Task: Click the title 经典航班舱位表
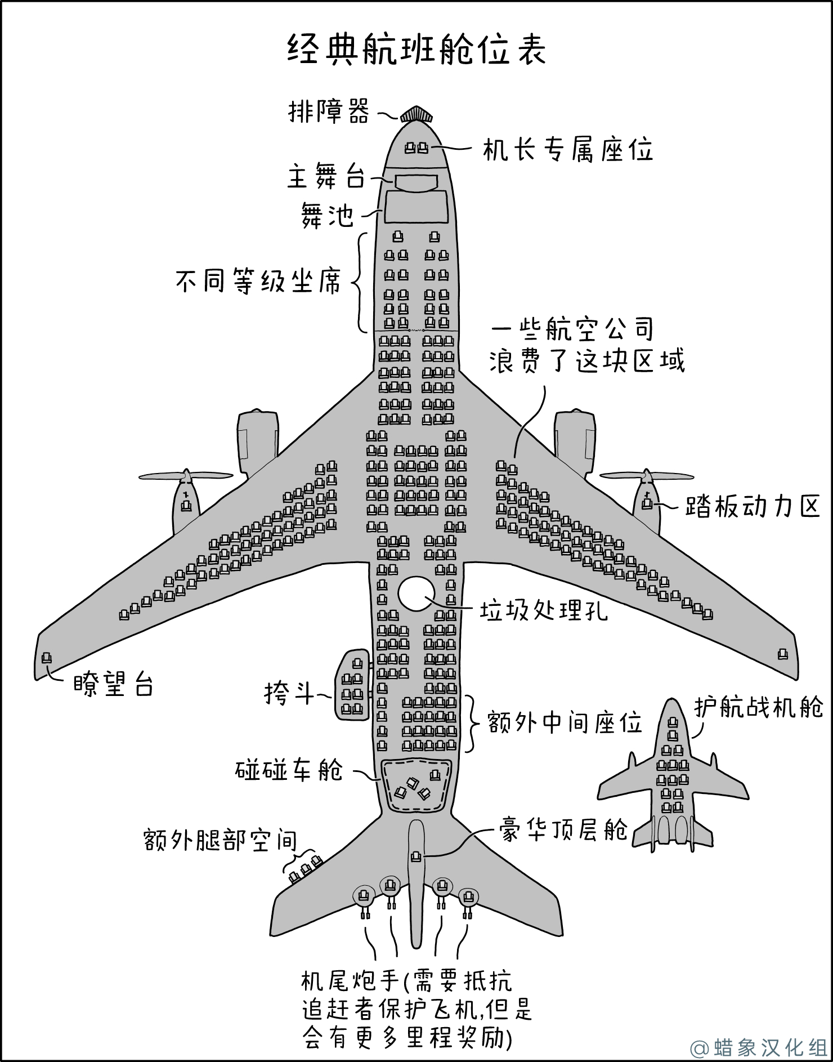click(416, 50)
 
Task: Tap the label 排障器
click(329, 111)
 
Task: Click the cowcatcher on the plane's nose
click(416, 114)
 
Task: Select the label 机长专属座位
click(568, 150)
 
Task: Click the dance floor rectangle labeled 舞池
click(416, 208)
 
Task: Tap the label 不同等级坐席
click(258, 281)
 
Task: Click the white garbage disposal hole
click(417, 594)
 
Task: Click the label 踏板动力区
click(753, 506)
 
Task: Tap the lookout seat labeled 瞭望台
click(46, 658)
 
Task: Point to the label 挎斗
click(289, 693)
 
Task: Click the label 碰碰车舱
click(289, 770)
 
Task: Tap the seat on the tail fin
click(416, 856)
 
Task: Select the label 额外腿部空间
click(220, 841)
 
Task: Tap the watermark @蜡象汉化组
click(759, 1047)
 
